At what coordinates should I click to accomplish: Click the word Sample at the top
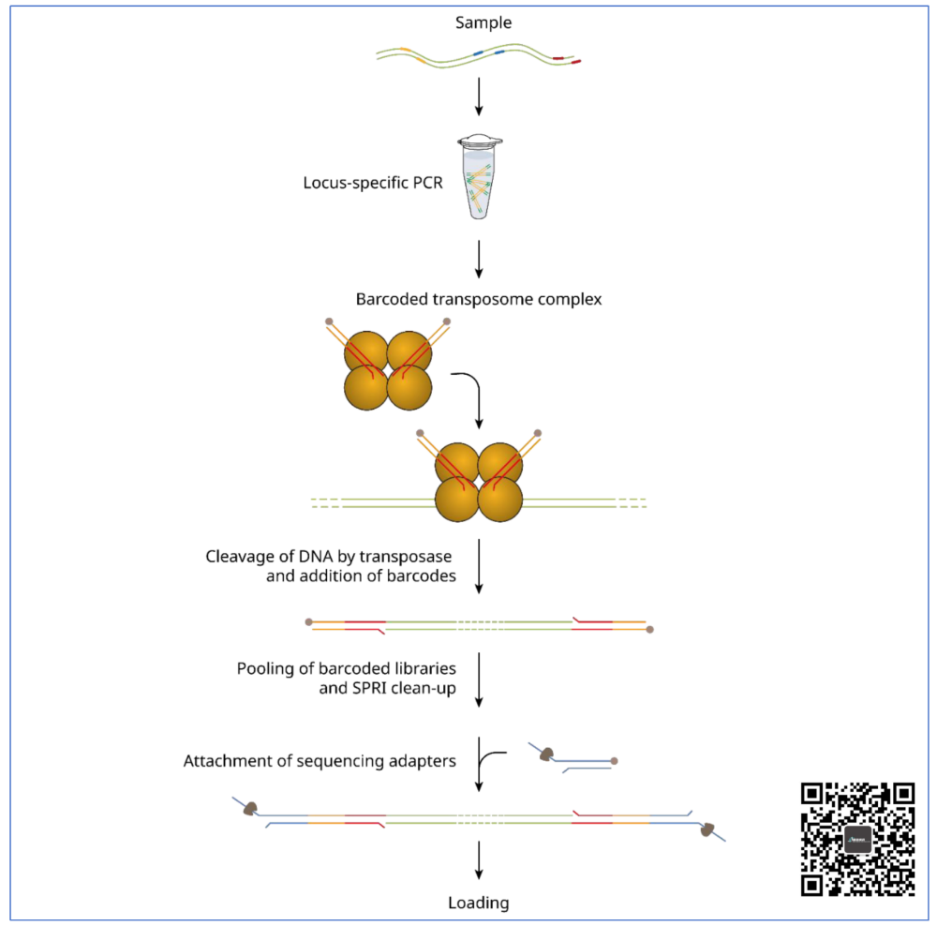(x=483, y=23)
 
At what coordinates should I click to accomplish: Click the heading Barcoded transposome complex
(x=479, y=299)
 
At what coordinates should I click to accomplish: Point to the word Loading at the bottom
(x=478, y=904)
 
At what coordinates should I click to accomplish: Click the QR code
(x=857, y=839)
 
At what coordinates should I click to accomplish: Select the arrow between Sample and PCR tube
(x=479, y=96)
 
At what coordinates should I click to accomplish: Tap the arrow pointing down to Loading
(x=479, y=859)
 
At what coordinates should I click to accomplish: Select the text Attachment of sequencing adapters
(x=320, y=761)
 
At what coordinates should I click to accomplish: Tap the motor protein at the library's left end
(x=250, y=809)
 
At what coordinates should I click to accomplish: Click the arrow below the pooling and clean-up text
(x=479, y=680)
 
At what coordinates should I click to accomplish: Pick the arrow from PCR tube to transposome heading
(x=479, y=260)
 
